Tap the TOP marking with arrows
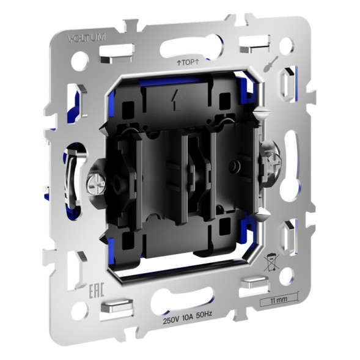(189, 62)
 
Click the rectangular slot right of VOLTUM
(120, 50)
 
